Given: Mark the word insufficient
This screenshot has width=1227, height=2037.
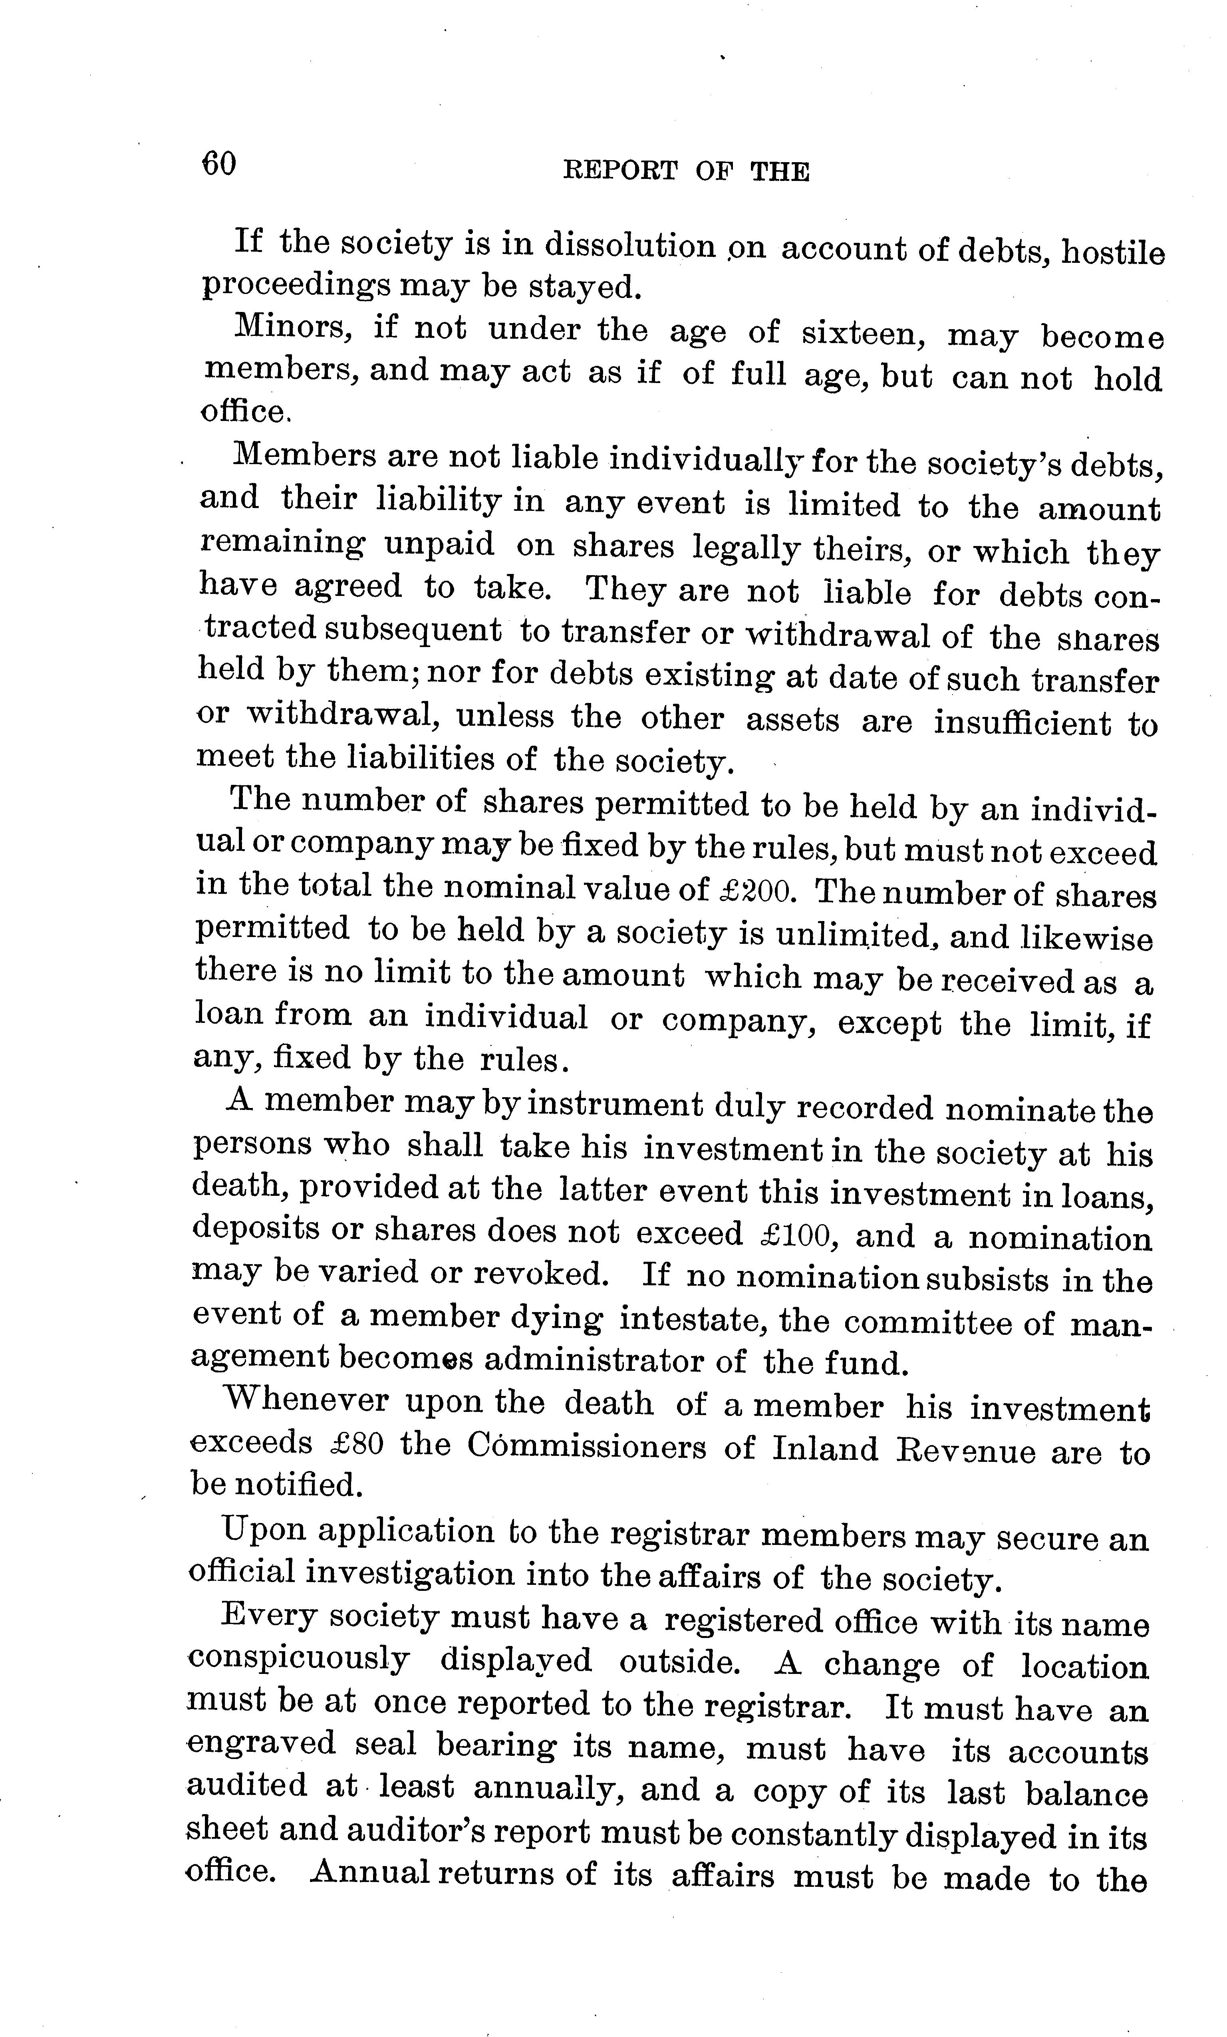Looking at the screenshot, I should (x=1022, y=723).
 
